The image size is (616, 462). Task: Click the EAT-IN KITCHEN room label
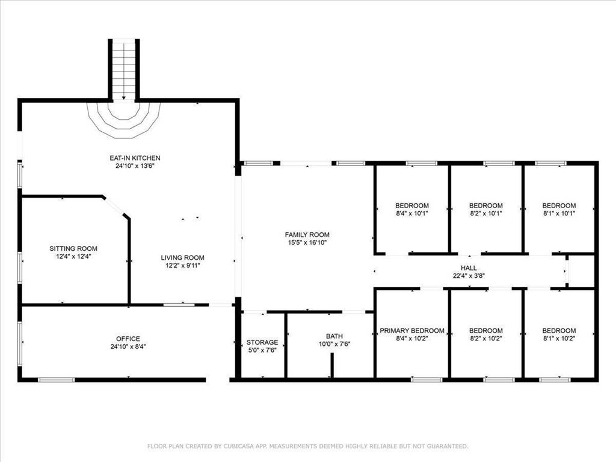[135, 158]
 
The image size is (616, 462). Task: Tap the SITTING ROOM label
[73, 248]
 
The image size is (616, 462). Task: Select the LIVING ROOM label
[183, 257]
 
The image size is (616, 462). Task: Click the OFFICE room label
[128, 339]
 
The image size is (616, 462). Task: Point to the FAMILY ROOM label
[307, 235]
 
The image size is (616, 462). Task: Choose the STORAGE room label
[262, 342]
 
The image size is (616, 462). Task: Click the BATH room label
[334, 336]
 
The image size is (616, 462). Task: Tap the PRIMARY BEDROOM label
[412, 330]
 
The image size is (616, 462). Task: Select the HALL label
[469, 268]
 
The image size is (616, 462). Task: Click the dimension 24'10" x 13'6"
[135, 166]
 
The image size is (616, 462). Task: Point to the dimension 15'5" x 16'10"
[307, 242]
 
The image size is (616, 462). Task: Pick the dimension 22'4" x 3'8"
[469, 276]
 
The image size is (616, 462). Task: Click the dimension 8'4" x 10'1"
[412, 214]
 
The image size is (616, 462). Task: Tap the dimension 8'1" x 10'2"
[559, 338]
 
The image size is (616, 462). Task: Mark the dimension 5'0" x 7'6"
[262, 350]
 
